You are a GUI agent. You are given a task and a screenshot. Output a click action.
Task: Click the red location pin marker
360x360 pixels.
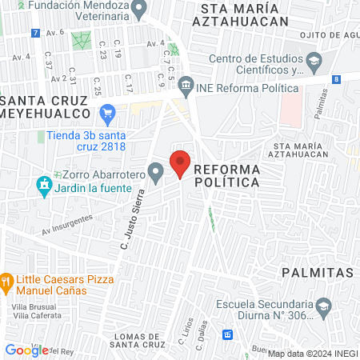pos(181,162)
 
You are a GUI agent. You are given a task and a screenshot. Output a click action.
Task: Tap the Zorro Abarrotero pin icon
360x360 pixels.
pos(157,170)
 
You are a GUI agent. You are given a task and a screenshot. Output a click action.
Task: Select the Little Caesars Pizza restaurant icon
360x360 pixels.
pos(6,281)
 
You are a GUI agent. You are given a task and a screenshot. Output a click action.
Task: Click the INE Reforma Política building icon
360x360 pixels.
pos(186,84)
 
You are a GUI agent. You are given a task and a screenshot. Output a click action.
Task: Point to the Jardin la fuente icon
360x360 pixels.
pos(43,186)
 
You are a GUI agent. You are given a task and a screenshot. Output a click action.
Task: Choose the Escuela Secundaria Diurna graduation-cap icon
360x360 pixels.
pos(323,305)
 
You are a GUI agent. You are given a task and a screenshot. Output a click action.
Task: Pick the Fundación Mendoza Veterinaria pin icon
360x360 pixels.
pos(140,10)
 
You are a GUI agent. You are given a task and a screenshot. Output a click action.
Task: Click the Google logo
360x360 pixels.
pos(26,350)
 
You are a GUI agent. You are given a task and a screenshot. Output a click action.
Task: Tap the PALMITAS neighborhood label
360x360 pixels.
pos(318,273)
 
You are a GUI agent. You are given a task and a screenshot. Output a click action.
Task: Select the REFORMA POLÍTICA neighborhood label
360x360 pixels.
pos(226,176)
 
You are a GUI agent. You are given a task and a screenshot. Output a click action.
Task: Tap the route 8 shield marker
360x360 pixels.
pos(337,78)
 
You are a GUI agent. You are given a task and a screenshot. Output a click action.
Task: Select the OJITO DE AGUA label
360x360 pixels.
pos(328,35)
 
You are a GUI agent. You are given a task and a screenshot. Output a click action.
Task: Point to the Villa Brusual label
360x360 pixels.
pos(32,306)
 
